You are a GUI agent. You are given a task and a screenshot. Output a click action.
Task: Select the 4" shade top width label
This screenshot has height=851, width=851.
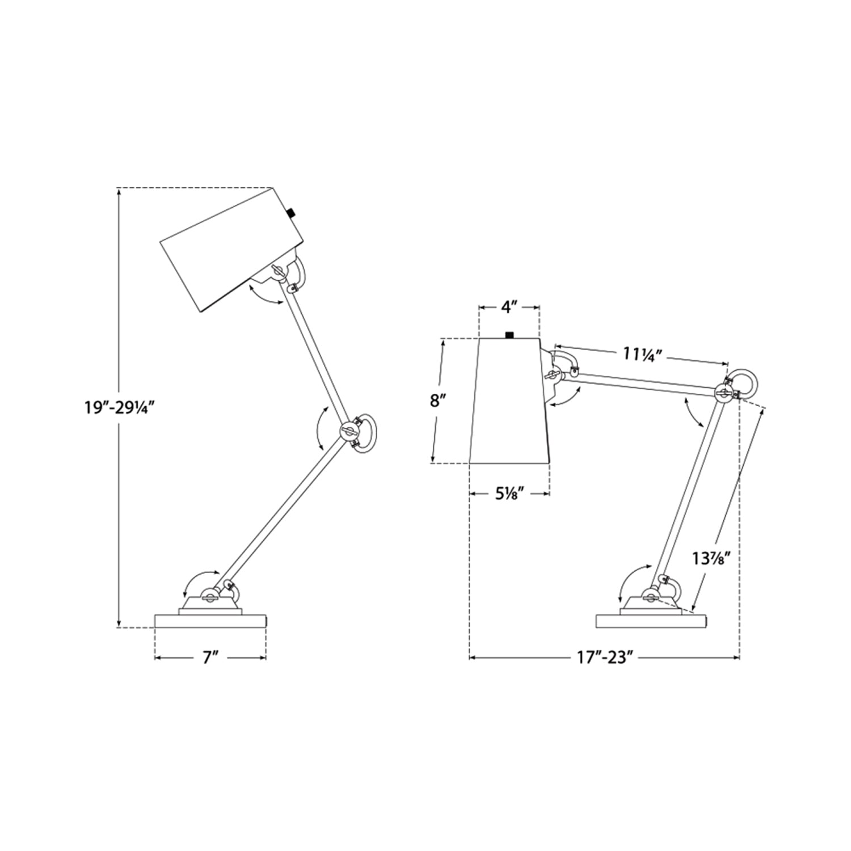(509, 308)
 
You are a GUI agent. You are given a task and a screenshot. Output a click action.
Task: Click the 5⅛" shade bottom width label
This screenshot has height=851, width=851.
(509, 494)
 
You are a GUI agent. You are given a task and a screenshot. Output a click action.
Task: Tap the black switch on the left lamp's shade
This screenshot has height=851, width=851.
(292, 213)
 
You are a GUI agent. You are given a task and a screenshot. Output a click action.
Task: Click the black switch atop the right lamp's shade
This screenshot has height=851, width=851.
(509, 335)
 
